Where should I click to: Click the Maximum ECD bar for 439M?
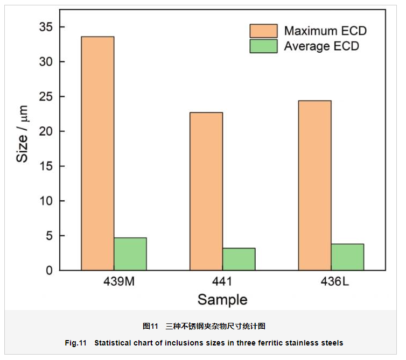[97, 153]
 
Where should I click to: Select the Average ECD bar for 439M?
[130, 254]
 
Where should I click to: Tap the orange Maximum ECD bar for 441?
[206, 191]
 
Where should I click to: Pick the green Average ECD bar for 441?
[239, 259]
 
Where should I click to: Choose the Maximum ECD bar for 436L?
[315, 185]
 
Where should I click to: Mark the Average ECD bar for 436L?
[347, 257]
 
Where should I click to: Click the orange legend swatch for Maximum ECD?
[263, 31]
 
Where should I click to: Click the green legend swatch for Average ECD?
[263, 46]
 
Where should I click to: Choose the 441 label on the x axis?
[222, 282]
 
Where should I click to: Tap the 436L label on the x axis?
[331, 282]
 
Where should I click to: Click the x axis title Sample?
[222, 300]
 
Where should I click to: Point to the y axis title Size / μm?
[22, 135]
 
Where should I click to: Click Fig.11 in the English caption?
[75, 343]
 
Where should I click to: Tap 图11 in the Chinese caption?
[150, 326]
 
